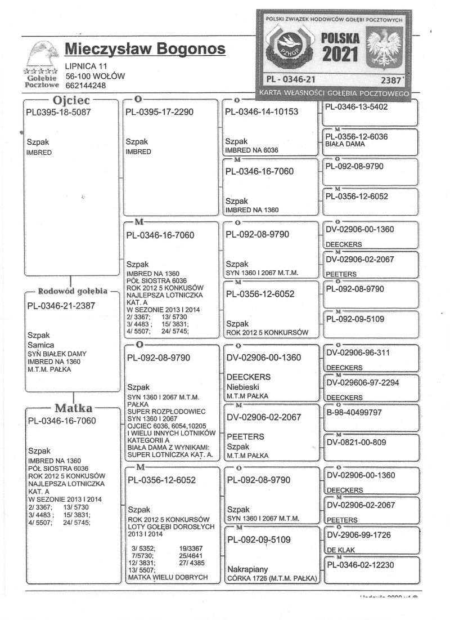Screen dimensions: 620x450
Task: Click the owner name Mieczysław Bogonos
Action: pos(145,50)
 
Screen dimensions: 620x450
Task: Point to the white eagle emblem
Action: pos(384,50)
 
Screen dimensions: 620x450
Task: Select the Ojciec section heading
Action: pos(71,102)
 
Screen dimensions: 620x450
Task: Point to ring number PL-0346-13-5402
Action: pos(360,107)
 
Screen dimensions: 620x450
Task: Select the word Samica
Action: pos(40,345)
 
